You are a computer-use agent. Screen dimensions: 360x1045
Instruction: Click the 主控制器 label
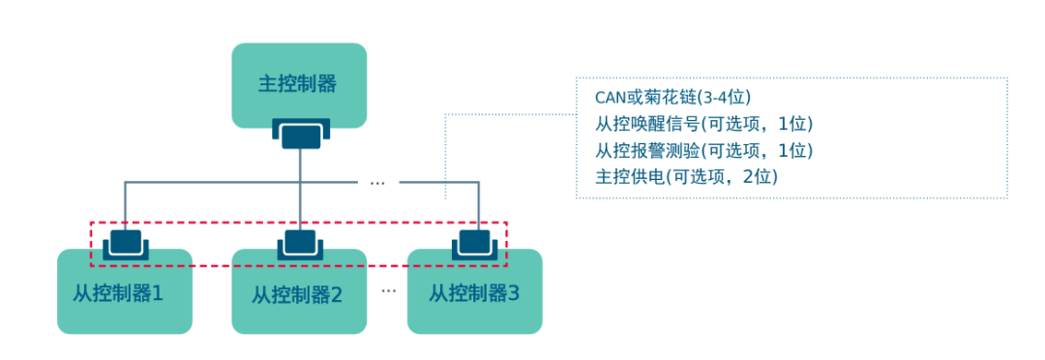pos(298,83)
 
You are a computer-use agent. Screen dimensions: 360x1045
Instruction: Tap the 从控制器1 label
pos(117,291)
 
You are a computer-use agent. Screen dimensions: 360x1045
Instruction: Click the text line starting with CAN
pos(673,98)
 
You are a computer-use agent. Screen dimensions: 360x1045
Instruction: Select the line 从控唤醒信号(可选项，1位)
pos(703,124)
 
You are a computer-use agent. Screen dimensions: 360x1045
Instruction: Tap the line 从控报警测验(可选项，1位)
pos(703,150)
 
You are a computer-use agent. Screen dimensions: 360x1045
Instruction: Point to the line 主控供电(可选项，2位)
pos(687,176)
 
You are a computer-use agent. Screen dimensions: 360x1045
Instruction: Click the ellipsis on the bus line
pos(378,182)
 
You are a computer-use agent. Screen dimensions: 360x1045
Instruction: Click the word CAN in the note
pos(612,98)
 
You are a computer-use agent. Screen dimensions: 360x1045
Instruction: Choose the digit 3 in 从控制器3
pos(514,291)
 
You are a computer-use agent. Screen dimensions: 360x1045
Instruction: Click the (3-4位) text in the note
pos(725,98)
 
